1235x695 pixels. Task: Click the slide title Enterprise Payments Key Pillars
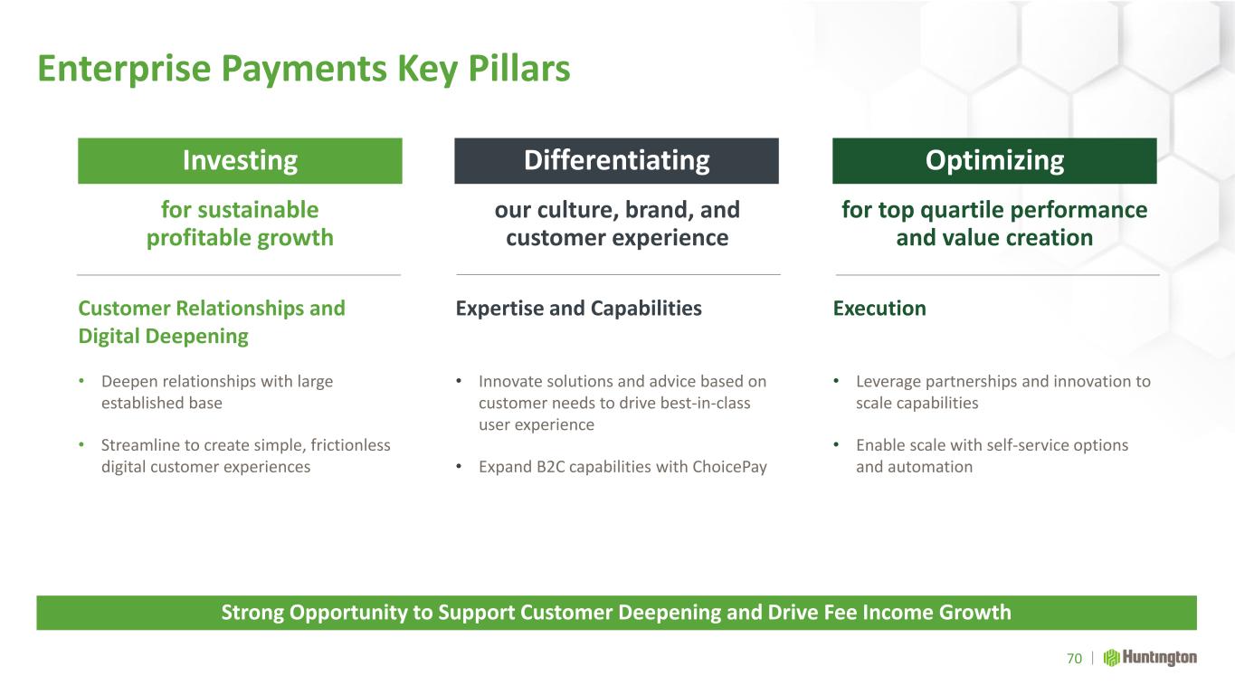click(x=304, y=70)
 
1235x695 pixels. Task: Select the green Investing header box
click(x=240, y=160)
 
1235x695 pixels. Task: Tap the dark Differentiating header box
click(x=616, y=160)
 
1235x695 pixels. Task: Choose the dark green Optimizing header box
click(x=994, y=160)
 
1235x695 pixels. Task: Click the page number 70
click(x=1074, y=658)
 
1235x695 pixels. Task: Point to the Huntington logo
click(x=1150, y=658)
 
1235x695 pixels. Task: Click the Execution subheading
click(x=879, y=309)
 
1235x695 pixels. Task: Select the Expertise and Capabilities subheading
click(x=578, y=309)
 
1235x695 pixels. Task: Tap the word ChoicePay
click(x=729, y=467)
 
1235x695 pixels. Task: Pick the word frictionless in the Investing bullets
click(x=350, y=444)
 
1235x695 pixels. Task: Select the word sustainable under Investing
click(x=258, y=210)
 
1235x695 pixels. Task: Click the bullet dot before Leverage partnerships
click(x=836, y=381)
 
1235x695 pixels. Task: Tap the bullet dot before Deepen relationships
click(x=81, y=381)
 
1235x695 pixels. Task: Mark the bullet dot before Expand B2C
click(x=458, y=466)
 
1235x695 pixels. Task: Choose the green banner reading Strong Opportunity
click(x=616, y=613)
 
